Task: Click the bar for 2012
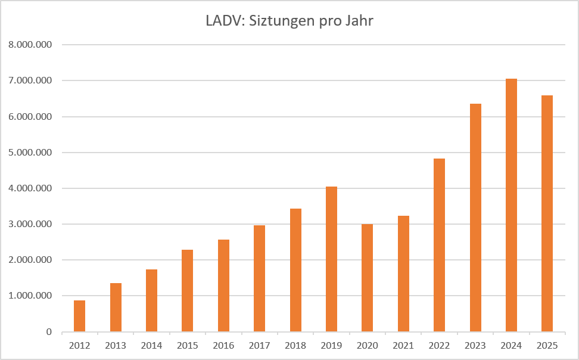click(79, 316)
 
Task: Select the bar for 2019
click(331, 259)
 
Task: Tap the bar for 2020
click(367, 278)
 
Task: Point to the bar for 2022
click(439, 245)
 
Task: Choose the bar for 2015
click(187, 291)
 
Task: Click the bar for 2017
click(259, 278)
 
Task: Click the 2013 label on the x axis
click(115, 345)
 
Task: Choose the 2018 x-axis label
click(295, 345)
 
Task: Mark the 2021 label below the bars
click(403, 345)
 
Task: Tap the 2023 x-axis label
click(475, 345)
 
